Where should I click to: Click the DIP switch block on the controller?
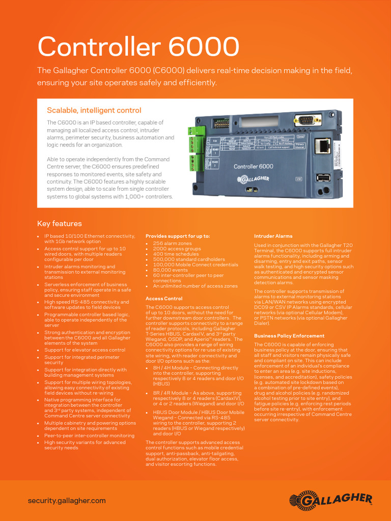pyautogui.click(x=220, y=124)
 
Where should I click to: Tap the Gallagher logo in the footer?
pyautogui.click(x=331, y=501)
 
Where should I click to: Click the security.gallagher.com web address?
pyautogui.click(x=67, y=501)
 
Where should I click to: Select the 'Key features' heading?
pyautogui.click(x=59, y=224)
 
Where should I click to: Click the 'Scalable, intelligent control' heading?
pyautogui.click(x=94, y=110)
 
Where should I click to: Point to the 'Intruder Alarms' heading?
pyautogui.click(x=273, y=236)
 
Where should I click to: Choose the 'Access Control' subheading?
pyautogui.click(x=164, y=299)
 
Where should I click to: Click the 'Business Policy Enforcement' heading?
pyautogui.click(x=289, y=336)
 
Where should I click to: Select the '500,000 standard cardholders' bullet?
pyautogui.click(x=188, y=259)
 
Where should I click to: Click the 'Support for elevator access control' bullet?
pyautogui.click(x=85, y=350)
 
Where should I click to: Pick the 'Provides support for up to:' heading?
pyautogui.click(x=178, y=236)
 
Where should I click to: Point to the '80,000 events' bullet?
pyautogui.click(x=170, y=270)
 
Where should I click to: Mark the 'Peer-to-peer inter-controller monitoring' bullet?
pyautogui.click(x=89, y=436)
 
